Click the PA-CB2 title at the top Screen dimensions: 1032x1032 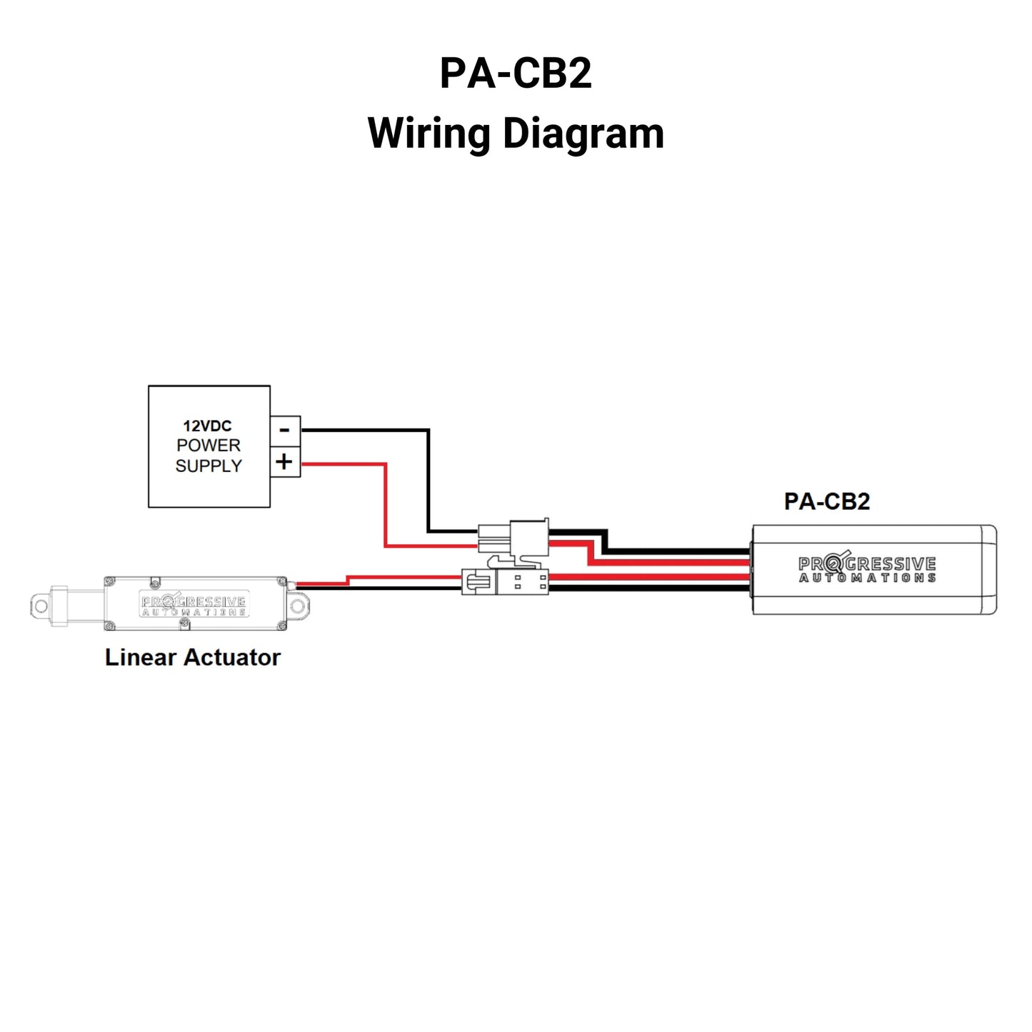tap(516, 74)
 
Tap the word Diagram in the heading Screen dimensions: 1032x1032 tap(583, 134)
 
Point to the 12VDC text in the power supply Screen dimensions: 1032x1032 tap(207, 426)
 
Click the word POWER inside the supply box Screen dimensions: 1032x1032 tap(209, 445)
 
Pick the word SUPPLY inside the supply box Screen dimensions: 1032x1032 tap(209, 466)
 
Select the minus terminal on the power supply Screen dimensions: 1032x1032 tap(285, 431)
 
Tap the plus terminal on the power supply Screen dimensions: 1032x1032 tap(285, 462)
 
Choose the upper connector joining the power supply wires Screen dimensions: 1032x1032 tap(514, 538)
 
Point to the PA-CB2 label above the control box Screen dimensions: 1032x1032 tap(827, 501)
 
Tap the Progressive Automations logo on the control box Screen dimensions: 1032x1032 tap(867, 569)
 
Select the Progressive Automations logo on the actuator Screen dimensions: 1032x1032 tap(194, 606)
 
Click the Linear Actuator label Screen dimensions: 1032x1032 tap(193, 657)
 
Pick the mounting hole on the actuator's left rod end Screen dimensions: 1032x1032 tap(41, 606)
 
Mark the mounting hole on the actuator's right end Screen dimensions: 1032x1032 tap(299, 606)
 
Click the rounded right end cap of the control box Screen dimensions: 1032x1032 tap(989, 569)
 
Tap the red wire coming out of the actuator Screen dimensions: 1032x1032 tap(321, 583)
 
